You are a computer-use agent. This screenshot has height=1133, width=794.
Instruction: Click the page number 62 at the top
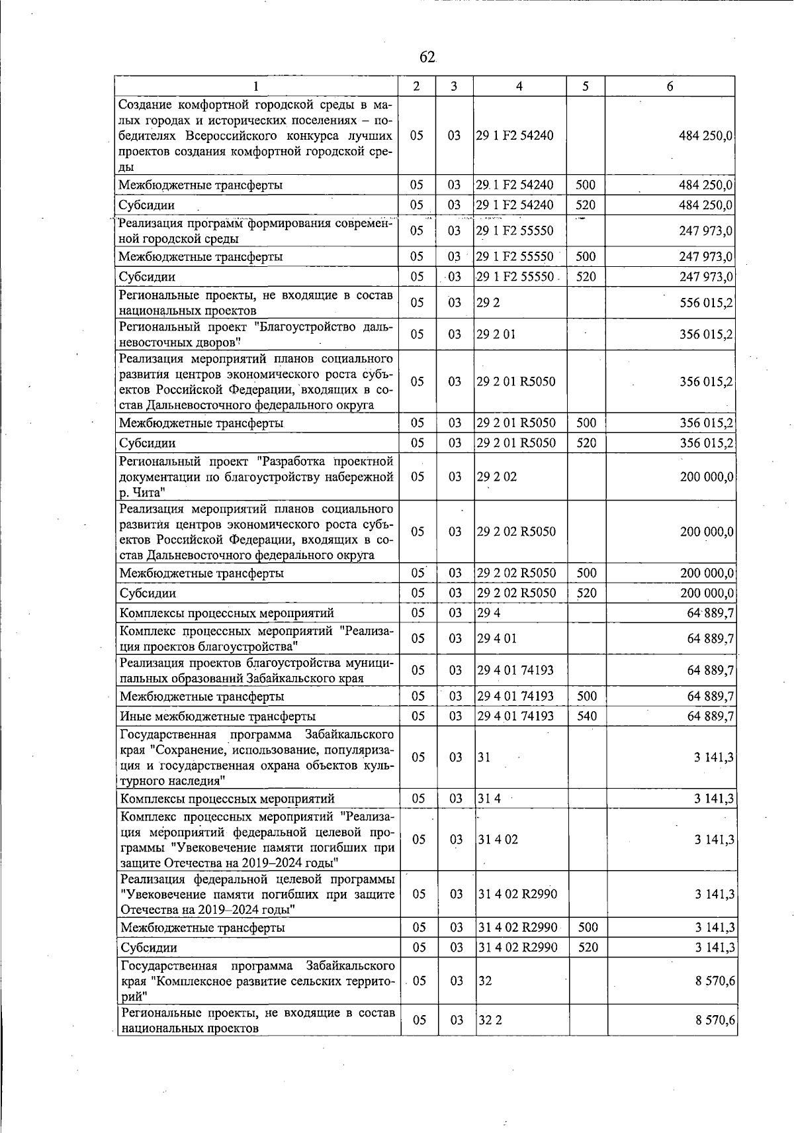pos(427,58)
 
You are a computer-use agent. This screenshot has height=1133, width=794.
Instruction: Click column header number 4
pos(519,87)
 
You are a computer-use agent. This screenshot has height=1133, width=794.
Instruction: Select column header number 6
pos(670,87)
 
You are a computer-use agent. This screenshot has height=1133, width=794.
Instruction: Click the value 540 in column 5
pos(586,716)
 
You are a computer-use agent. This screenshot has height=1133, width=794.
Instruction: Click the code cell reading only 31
pos(484,757)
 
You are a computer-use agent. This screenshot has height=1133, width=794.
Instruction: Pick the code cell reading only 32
pos(484,981)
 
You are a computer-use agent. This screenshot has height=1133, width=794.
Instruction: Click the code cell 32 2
pos(490,1020)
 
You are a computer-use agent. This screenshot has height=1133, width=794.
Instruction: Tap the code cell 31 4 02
pos(498,839)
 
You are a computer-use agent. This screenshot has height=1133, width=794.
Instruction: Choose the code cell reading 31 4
pos(489,799)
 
